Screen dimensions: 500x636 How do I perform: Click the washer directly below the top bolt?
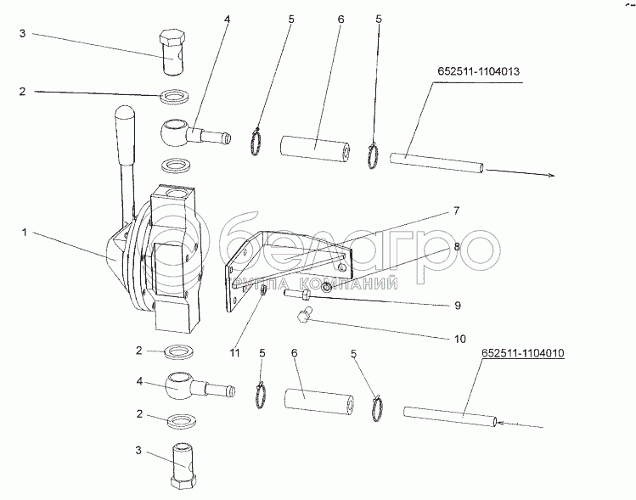coord(176,93)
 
